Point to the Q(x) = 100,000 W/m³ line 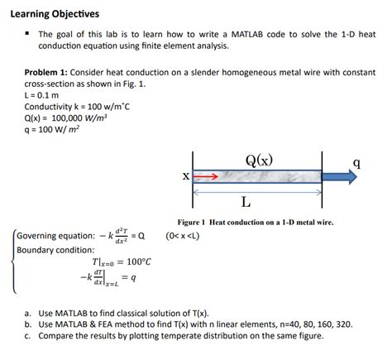(67, 118)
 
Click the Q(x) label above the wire (259, 160)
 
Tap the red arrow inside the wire (206, 176)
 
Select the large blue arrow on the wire (342, 176)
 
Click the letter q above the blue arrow (356, 162)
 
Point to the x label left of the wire (185, 175)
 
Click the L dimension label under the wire (246, 201)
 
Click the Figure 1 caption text (256, 222)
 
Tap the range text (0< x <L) (183, 236)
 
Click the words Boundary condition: (52, 249)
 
